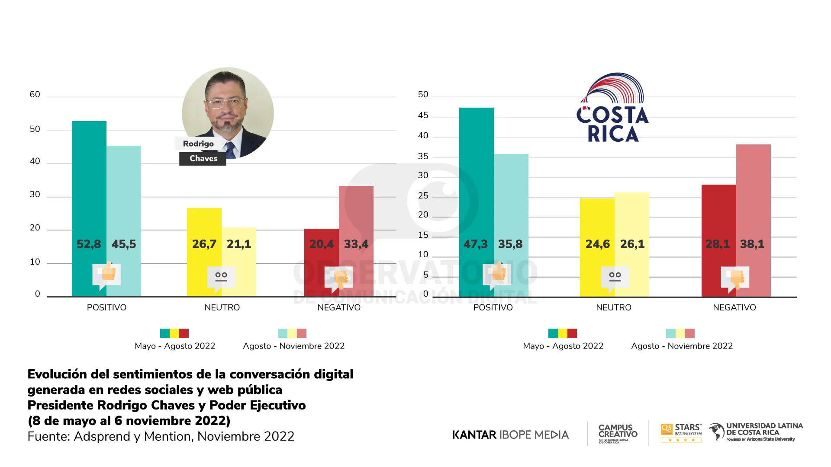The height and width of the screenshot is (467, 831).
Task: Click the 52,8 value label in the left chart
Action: point(89,244)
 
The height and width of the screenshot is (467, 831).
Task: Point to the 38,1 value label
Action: point(752,244)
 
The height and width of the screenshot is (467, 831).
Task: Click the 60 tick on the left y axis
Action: point(35,95)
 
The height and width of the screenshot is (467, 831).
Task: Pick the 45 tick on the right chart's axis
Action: point(423,115)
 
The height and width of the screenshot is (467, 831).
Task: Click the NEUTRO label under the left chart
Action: point(222,307)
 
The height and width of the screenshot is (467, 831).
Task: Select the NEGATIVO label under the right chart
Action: point(734,307)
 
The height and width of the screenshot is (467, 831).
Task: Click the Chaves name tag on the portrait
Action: point(203,159)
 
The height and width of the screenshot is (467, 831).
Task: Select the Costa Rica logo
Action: point(612,108)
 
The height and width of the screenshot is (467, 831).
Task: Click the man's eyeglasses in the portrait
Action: point(225,103)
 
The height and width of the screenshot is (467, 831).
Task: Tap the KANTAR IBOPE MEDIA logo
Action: point(510,435)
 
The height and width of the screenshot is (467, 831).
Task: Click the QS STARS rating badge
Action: point(681,433)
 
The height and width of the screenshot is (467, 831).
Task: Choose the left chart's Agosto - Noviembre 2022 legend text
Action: point(293,346)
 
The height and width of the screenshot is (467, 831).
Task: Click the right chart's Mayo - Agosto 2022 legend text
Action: point(563,346)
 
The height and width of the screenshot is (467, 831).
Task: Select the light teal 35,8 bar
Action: point(511,195)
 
